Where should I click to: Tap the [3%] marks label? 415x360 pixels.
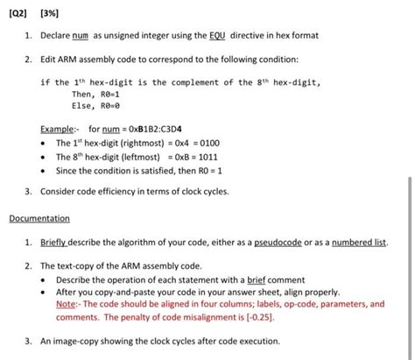52,13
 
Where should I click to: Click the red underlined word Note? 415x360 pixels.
67,304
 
